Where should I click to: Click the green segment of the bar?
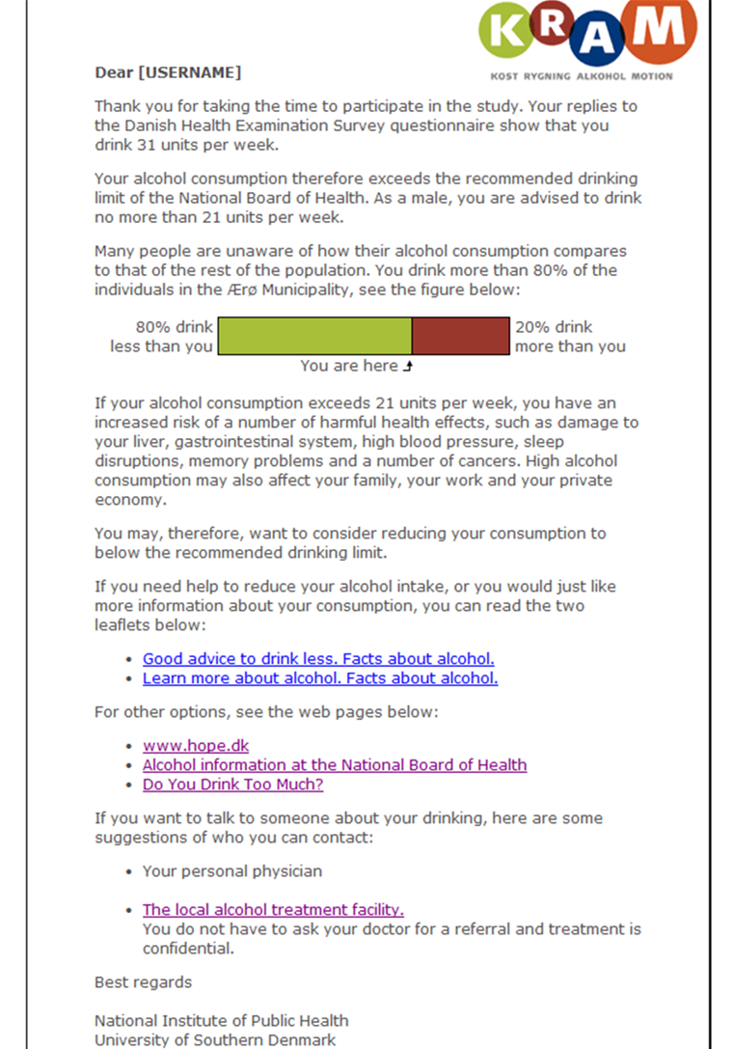(314, 336)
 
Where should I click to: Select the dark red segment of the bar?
(461, 336)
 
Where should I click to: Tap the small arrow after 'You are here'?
(407, 367)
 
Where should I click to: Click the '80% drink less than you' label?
(161, 337)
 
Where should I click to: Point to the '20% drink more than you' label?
(569, 337)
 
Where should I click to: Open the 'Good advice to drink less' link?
(318, 659)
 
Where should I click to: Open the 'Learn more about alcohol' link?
(320, 678)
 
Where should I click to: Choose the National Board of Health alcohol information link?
(335, 765)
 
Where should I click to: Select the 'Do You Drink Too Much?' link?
(232, 785)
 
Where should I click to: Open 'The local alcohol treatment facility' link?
(273, 910)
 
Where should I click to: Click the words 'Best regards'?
(143, 982)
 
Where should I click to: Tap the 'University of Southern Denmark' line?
(215, 1040)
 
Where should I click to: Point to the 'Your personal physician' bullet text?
(232, 871)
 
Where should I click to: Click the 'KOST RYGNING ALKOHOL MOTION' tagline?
(582, 75)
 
